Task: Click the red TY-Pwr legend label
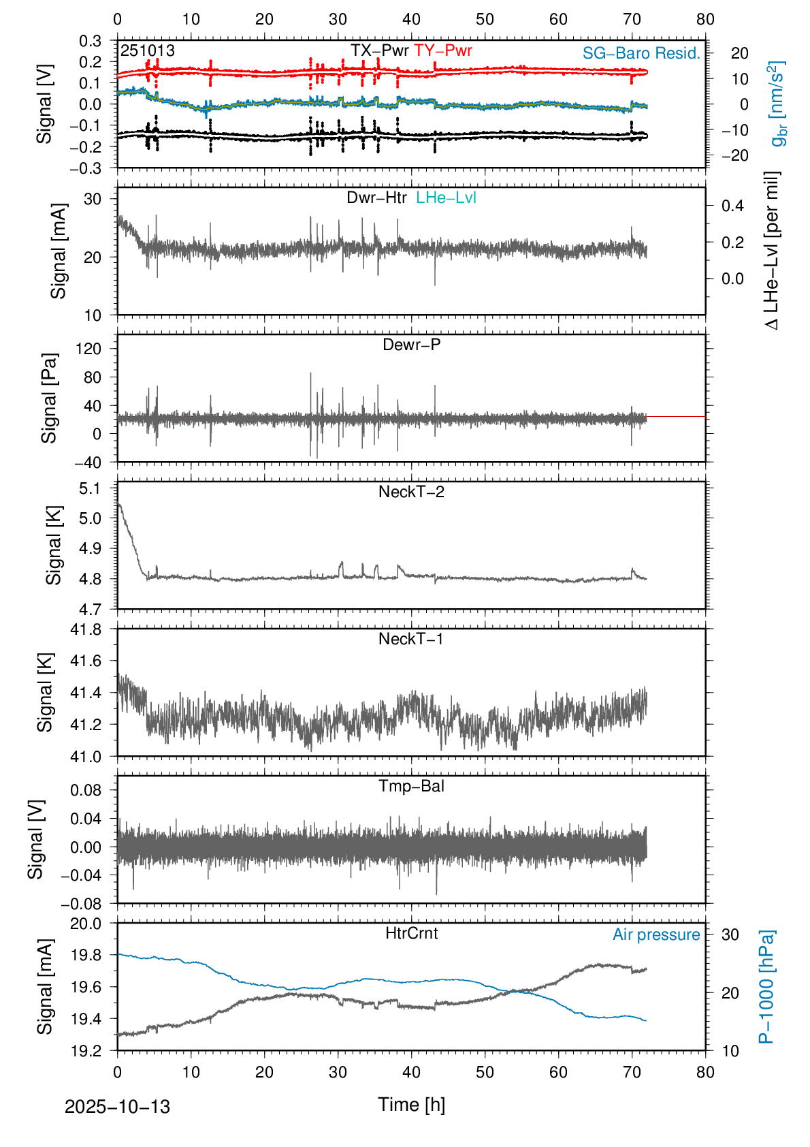point(442,50)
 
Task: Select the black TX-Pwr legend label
point(380,50)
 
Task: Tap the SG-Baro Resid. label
point(641,53)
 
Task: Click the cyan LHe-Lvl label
point(446,198)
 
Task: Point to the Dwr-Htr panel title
point(376,198)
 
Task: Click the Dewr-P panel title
point(411,345)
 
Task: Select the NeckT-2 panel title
point(411,492)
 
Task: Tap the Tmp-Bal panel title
point(411,786)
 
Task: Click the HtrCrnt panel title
point(411,933)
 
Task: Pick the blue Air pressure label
point(656,934)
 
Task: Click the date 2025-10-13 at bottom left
point(117,1107)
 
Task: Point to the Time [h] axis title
point(411,1105)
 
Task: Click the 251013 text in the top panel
point(148,51)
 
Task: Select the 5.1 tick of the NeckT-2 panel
point(89,488)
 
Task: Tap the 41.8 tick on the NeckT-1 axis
point(86,629)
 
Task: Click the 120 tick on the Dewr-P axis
point(88,349)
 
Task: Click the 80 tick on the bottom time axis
point(705,1072)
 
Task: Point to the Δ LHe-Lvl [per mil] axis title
point(771,251)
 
